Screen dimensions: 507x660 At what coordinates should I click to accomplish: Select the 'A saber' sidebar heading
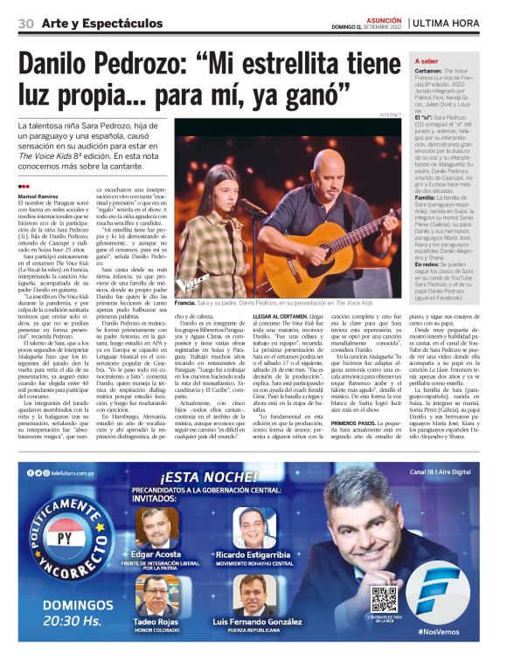[x=427, y=62]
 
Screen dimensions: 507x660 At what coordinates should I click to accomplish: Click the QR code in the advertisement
[x=383, y=598]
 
